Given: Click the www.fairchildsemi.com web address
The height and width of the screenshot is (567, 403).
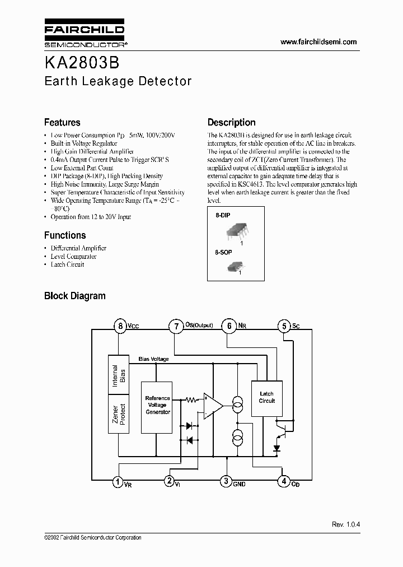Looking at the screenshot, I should (x=318, y=42).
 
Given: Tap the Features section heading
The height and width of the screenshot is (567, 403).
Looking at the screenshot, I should (x=62, y=122).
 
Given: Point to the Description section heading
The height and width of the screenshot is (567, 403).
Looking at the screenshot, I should (x=231, y=122).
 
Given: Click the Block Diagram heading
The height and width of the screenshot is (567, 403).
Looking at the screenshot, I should (x=74, y=296).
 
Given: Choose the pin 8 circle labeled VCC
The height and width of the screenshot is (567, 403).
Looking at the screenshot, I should (x=119, y=326).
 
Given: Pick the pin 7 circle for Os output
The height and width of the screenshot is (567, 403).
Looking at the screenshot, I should (x=176, y=326).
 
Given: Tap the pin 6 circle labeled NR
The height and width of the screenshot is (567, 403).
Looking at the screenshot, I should (x=229, y=326).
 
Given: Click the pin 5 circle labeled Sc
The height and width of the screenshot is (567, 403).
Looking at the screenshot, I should (x=284, y=326).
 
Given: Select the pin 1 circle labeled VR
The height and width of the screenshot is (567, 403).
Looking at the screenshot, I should (x=118, y=481).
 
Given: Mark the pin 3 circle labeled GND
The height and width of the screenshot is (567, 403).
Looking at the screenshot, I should (x=226, y=481).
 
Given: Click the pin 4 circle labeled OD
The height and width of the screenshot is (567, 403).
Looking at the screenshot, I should (x=284, y=481).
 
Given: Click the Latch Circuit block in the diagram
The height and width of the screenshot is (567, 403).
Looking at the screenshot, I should (x=266, y=397).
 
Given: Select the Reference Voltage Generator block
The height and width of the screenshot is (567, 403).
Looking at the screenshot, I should (x=157, y=405).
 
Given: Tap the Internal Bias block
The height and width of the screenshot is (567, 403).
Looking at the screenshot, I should (x=119, y=375).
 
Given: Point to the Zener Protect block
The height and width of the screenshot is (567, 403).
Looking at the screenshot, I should (x=119, y=413).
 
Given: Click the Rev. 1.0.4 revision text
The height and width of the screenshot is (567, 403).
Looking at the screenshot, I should (x=346, y=524).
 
